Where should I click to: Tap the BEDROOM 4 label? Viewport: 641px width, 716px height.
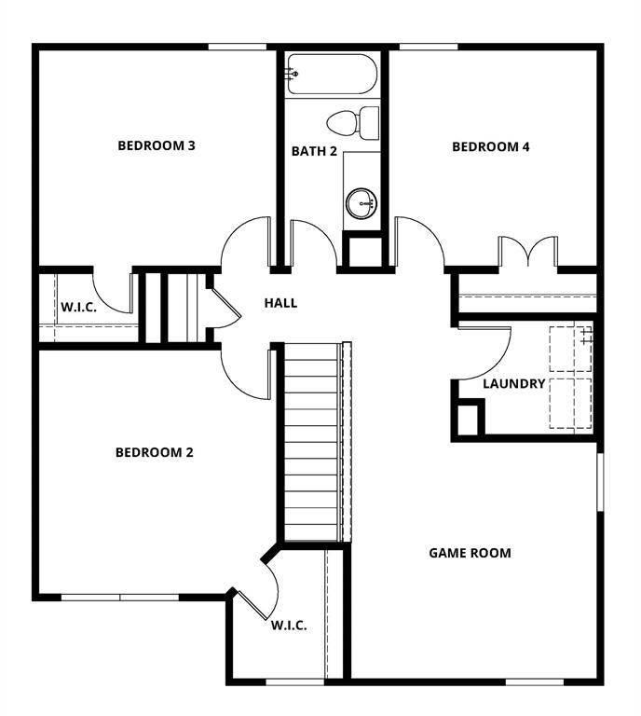pyautogui.click(x=491, y=146)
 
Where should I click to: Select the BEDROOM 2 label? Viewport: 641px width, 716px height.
pyautogui.click(x=155, y=453)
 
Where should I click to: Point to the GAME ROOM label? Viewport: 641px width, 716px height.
pyautogui.click(x=470, y=553)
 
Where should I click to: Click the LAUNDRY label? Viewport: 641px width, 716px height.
pyautogui.click(x=514, y=383)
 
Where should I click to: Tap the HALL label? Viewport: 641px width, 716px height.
pyautogui.click(x=280, y=303)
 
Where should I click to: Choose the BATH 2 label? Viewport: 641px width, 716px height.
pyautogui.click(x=314, y=151)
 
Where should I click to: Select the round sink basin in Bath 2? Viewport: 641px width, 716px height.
pyautogui.click(x=360, y=201)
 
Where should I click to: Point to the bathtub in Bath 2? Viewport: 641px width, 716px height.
pyautogui.click(x=331, y=73)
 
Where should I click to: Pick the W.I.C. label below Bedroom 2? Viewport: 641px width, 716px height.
pyautogui.click(x=289, y=626)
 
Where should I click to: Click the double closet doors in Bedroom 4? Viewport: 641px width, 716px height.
pyautogui.click(x=527, y=253)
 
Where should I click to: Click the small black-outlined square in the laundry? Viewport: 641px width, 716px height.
pyautogui.click(x=469, y=418)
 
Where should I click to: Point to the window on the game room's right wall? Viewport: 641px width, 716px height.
pyautogui.click(x=600, y=481)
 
